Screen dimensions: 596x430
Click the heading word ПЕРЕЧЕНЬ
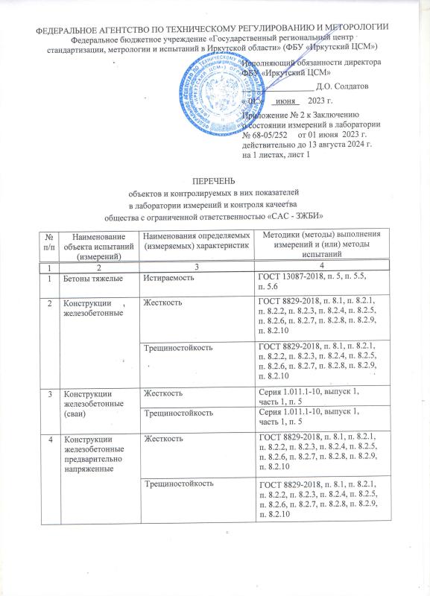tap(215, 180)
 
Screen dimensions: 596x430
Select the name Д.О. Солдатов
tap(347, 86)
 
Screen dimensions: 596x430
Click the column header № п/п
tap(51, 241)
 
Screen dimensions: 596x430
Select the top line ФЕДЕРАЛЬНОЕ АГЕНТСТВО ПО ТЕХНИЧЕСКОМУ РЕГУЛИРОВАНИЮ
tap(215, 28)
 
